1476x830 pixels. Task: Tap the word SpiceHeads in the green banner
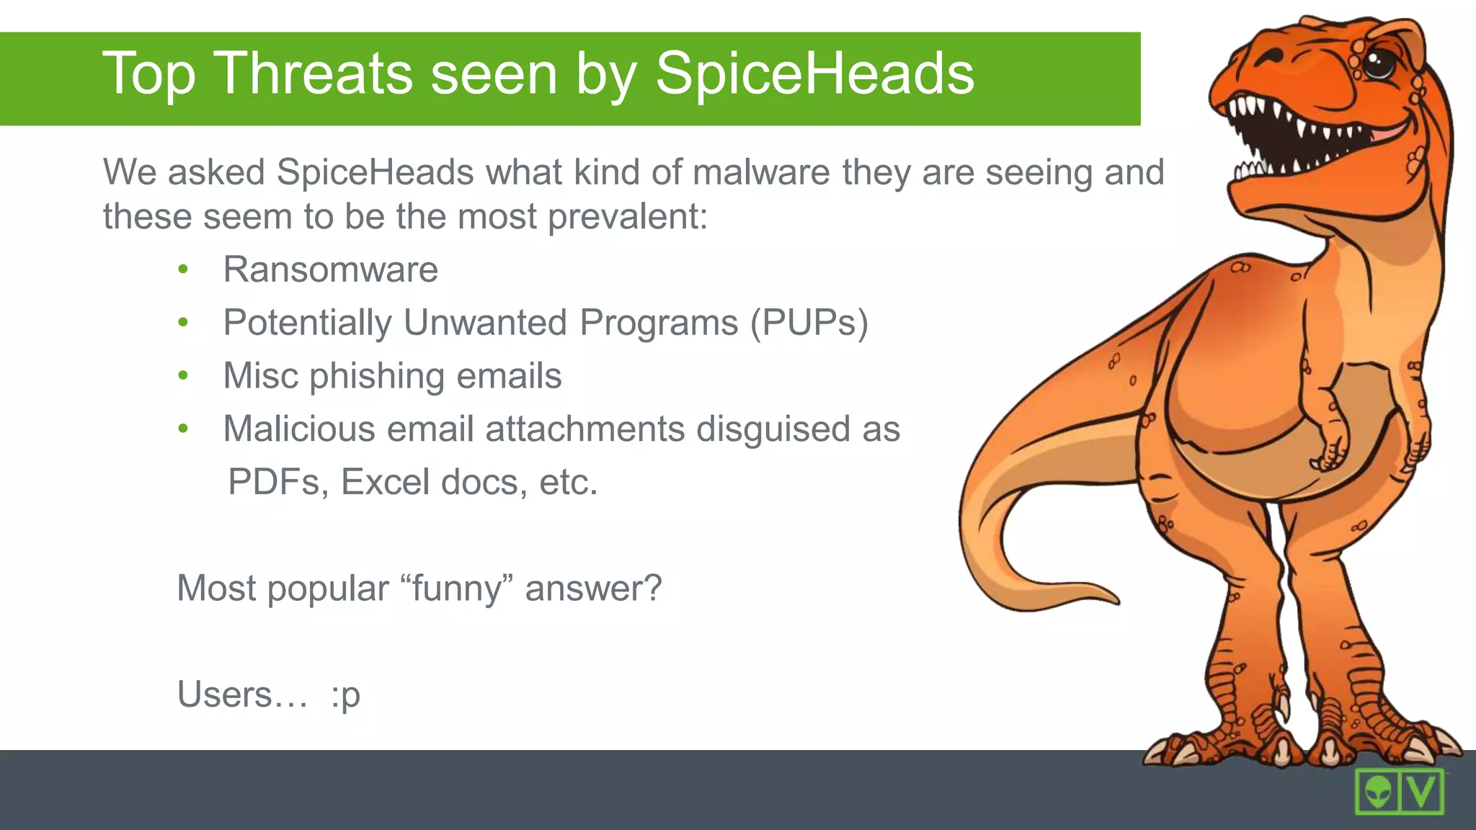pos(814,74)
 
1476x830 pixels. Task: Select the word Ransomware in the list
pos(330,270)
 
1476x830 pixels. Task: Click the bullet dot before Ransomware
pos(183,270)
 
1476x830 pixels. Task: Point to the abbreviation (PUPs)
pos(809,323)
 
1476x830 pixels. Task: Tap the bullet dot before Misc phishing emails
pos(183,375)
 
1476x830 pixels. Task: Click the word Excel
pos(384,482)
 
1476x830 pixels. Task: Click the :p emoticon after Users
pos(346,695)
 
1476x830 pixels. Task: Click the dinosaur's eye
pos(1378,62)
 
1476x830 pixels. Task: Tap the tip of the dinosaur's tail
pos(1114,598)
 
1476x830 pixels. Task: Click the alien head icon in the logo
pos(1377,792)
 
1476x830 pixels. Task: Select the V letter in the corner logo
pos(1422,791)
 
